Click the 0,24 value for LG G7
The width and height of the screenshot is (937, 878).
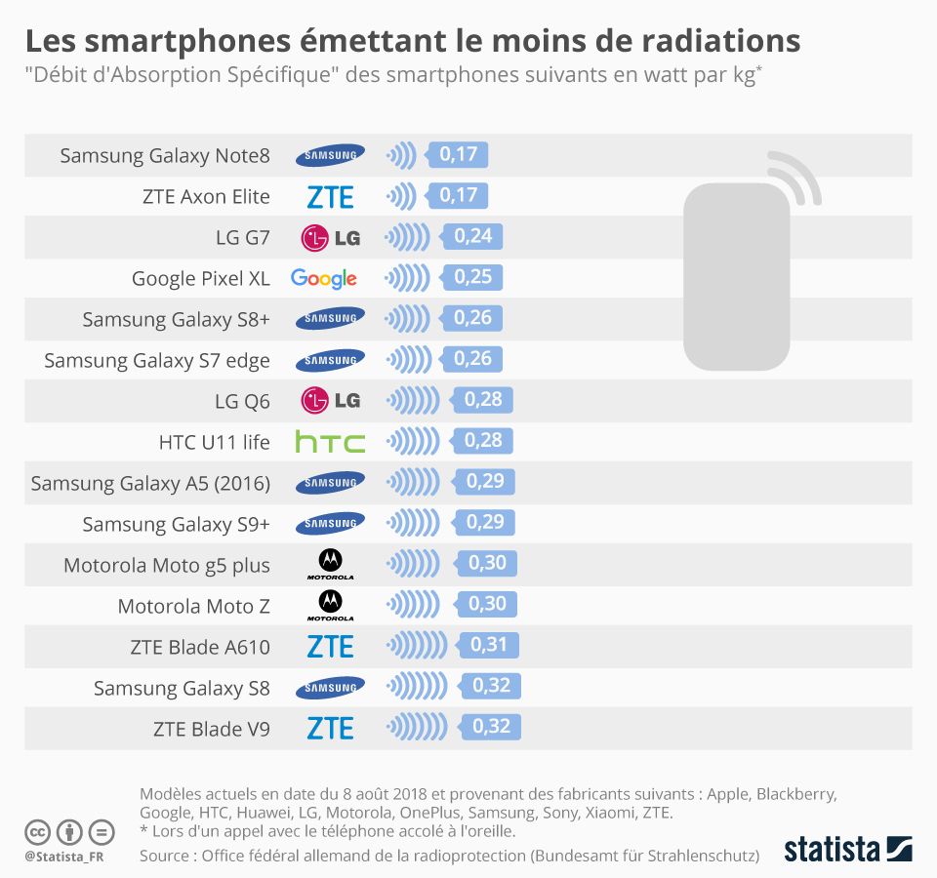[x=471, y=237]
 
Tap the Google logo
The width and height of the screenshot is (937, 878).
[x=324, y=278]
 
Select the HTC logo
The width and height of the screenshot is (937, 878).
[x=330, y=442]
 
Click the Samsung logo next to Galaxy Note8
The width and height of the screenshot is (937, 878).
[x=331, y=155]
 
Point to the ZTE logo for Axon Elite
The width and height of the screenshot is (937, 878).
[x=330, y=196]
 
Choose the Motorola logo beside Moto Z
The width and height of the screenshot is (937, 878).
[x=330, y=606]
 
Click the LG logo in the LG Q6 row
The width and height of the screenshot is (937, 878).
[x=330, y=401]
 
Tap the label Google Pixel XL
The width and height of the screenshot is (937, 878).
[x=200, y=279]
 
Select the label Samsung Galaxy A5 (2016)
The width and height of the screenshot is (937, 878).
[x=150, y=484]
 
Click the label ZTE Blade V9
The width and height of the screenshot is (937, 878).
[x=211, y=729]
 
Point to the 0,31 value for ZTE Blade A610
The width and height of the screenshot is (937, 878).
[x=490, y=646]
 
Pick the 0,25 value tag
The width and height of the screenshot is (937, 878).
[x=472, y=278]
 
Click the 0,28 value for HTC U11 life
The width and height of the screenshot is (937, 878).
[x=483, y=442]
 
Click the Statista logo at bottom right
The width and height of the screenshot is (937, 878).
[x=847, y=848]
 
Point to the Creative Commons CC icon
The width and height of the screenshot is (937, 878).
[x=37, y=832]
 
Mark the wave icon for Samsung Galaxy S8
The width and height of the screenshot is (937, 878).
[x=421, y=688]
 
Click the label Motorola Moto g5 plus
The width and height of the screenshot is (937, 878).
[x=167, y=566]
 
